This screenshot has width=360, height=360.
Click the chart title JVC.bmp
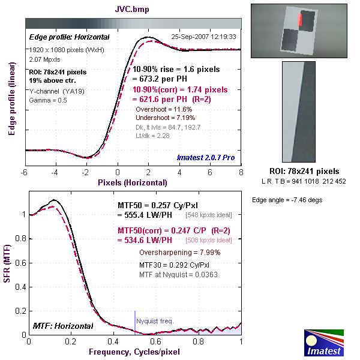coord(133,10)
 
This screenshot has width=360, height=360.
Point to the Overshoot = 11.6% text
coord(164,110)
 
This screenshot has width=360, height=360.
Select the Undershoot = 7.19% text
coord(164,119)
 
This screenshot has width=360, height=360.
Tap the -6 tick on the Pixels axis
coord(25,173)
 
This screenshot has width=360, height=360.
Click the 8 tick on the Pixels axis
coord(241,173)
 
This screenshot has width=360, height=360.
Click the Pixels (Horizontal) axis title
coord(133,182)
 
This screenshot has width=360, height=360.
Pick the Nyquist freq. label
coord(155,321)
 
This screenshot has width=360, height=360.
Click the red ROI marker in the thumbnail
coord(301,20)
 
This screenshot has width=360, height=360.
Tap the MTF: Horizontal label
coord(63,326)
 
